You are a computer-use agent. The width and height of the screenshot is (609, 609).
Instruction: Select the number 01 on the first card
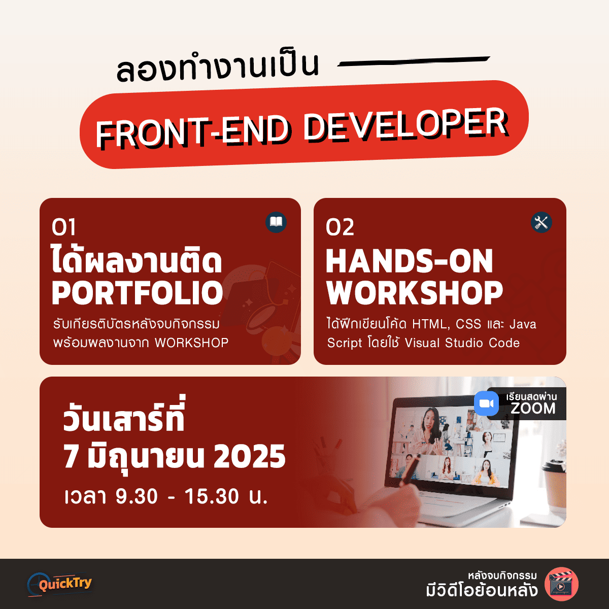click(63, 227)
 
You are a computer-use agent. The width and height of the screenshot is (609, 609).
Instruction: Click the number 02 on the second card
click(340, 227)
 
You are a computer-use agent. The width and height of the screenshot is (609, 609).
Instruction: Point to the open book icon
click(276, 222)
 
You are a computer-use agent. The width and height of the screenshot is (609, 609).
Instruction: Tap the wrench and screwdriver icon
click(541, 222)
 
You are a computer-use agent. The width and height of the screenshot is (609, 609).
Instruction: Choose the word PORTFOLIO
click(138, 293)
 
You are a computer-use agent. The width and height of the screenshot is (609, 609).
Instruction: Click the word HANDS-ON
click(409, 261)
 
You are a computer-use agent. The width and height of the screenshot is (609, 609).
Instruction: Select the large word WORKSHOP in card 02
click(414, 293)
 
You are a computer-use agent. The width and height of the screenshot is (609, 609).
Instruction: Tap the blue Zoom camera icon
click(486, 403)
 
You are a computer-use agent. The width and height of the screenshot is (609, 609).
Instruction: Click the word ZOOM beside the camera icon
click(533, 409)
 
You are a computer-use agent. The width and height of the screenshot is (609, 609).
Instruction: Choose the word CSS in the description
click(468, 324)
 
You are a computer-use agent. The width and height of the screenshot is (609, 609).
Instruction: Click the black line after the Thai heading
click(414, 62)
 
